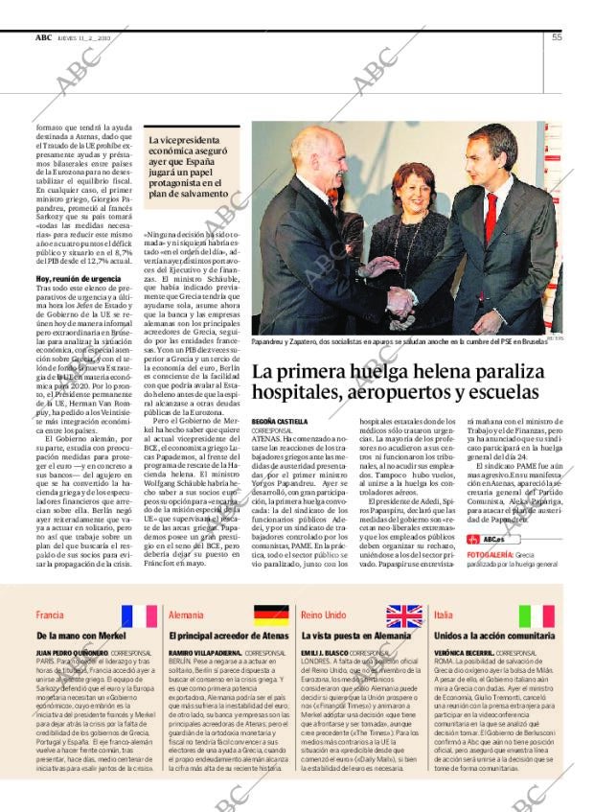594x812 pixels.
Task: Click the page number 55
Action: click(557, 37)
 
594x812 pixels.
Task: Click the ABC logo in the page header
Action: click(43, 37)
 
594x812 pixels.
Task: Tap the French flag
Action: click(139, 615)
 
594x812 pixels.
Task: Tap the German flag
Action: click(271, 615)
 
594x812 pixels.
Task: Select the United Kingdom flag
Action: click(404, 615)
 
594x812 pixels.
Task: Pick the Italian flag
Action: click(537, 615)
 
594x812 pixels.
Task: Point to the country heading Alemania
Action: click(186, 615)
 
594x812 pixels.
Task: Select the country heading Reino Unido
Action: click(324, 615)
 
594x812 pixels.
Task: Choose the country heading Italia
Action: click(444, 615)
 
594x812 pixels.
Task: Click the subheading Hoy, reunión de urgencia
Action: click(79, 278)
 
